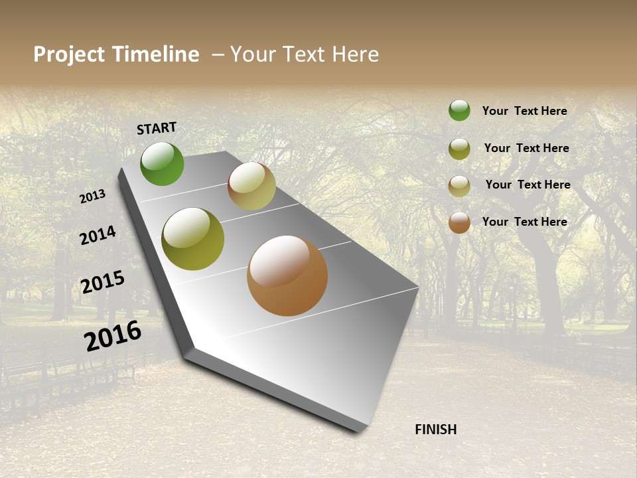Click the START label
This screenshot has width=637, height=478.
coord(157,128)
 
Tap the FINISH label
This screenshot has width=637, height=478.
coord(435,430)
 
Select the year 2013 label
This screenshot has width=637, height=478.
coord(92,196)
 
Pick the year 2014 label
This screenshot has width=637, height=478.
coord(98,235)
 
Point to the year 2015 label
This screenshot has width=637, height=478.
coord(103,282)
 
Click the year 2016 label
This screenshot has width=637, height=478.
coord(113,336)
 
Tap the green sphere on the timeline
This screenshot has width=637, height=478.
coord(162,163)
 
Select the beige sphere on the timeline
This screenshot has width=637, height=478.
coord(251,186)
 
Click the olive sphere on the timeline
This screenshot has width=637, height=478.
coord(192,239)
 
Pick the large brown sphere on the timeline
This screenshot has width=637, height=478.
coord(287,276)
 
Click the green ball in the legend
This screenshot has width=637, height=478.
coord(459,110)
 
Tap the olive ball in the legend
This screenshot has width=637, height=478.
coord(459,149)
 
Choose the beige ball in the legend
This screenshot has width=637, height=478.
coord(459,186)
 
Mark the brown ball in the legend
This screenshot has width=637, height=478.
coord(459,222)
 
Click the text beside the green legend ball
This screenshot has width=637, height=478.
coord(524,111)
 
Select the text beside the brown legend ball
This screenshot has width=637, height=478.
coord(524,222)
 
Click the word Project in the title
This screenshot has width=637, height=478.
coord(70,54)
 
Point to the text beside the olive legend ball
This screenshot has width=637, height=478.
coord(526,148)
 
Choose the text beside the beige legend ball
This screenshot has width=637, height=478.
coord(528,185)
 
